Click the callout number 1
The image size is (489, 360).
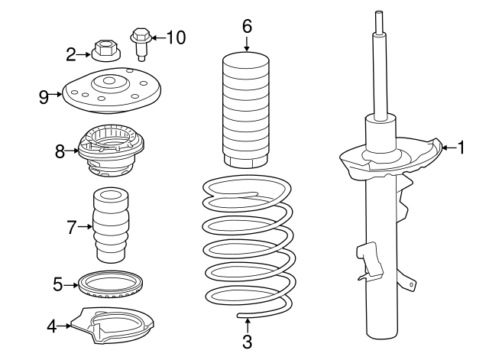461,147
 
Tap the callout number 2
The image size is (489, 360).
71,54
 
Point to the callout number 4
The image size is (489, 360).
52,326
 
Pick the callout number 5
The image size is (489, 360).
58,284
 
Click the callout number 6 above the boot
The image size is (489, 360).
247,25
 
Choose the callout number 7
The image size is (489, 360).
71,227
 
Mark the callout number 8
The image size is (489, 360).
60,151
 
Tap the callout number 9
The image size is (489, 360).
44,96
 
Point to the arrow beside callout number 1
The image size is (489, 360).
449,147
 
